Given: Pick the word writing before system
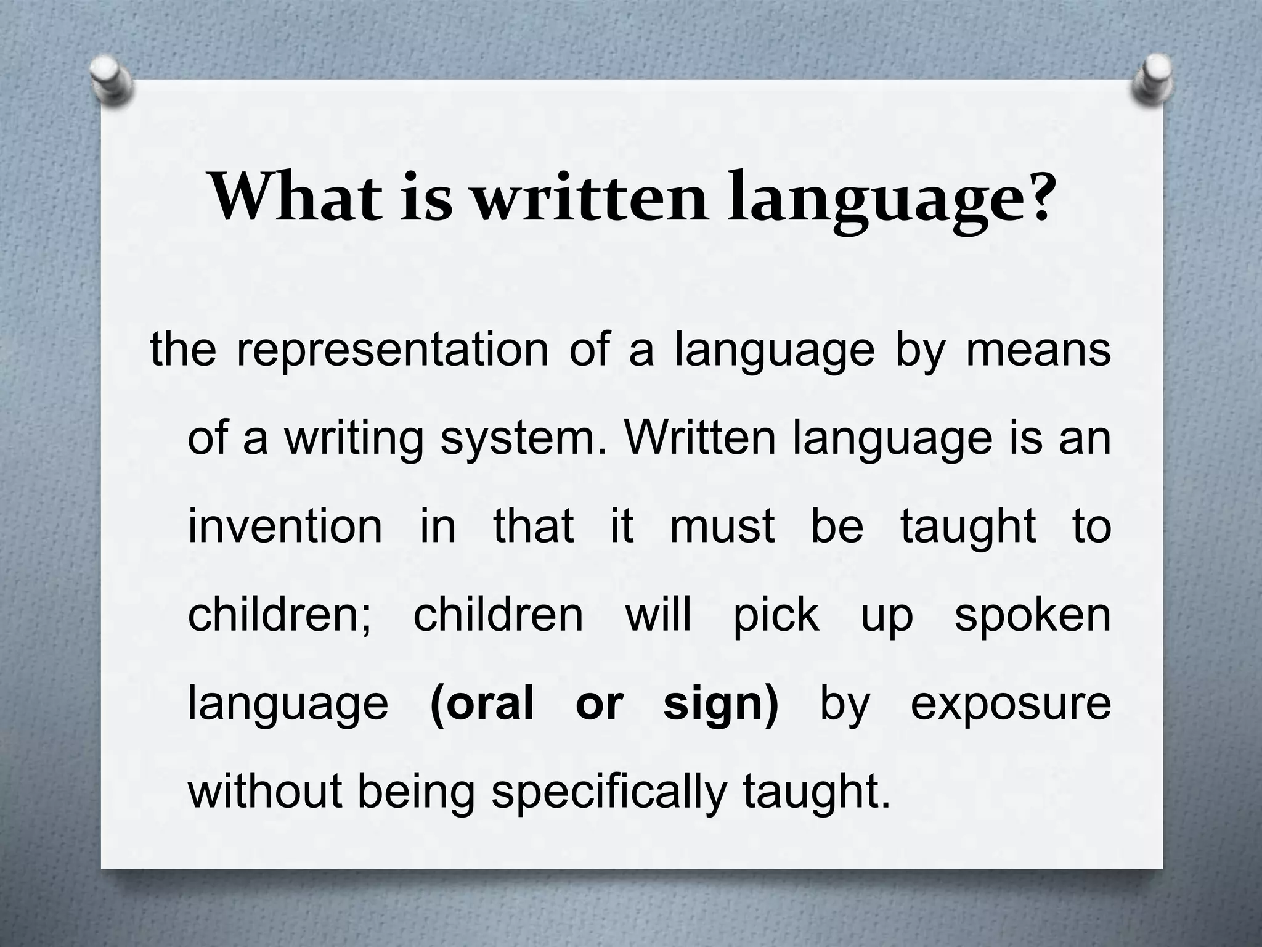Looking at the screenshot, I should pos(354,439).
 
